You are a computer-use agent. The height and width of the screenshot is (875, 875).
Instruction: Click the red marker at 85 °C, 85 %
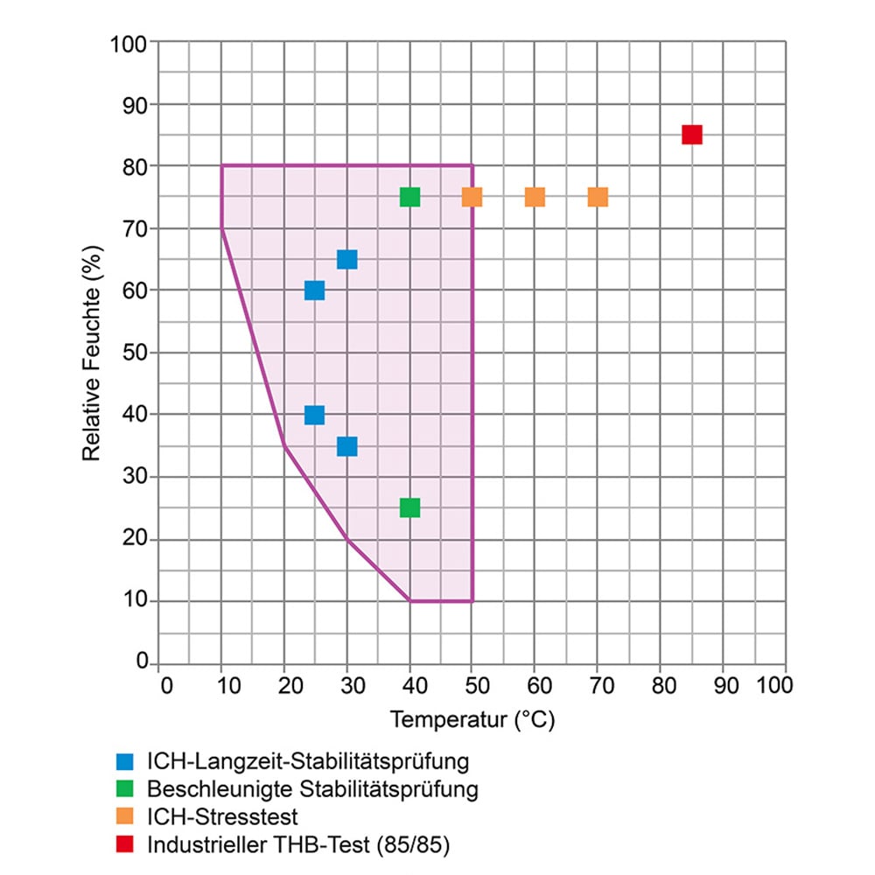(692, 135)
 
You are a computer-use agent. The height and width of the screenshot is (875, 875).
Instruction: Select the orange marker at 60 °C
(535, 197)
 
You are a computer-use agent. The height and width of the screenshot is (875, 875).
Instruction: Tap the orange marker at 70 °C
(598, 197)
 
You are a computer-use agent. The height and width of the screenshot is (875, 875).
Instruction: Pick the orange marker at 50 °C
(472, 197)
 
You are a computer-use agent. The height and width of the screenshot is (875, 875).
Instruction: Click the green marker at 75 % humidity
(409, 197)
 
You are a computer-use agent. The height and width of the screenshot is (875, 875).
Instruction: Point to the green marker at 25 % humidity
(409, 507)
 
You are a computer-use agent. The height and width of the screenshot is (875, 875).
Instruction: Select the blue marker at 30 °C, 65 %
(346, 259)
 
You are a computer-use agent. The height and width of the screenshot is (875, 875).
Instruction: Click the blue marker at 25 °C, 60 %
(314, 290)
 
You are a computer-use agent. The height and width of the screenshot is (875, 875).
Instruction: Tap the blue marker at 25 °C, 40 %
(314, 415)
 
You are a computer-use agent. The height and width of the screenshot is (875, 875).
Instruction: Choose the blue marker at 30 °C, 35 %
(346, 446)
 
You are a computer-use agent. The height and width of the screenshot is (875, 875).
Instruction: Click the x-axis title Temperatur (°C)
(472, 720)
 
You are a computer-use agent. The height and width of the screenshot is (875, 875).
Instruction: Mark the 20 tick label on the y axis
(136, 540)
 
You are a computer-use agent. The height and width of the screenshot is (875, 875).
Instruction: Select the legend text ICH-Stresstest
(223, 817)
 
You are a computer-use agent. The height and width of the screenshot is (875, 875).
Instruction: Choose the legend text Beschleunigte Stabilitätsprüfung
(312, 789)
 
